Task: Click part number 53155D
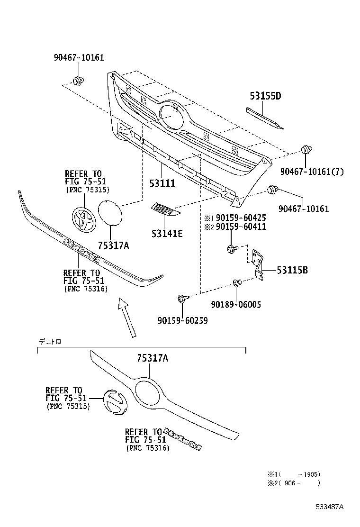(265, 96)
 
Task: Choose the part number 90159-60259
(182, 321)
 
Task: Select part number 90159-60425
(241, 218)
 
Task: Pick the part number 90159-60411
(241, 227)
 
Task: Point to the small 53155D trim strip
(265, 118)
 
